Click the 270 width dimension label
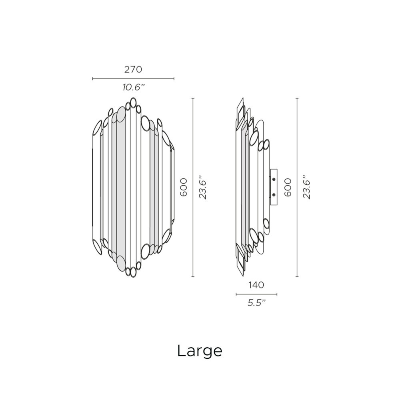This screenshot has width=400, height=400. (x=133, y=69)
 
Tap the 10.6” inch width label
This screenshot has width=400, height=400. (x=134, y=88)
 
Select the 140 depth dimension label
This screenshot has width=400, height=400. (x=256, y=285)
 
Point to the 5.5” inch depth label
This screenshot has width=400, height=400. (x=257, y=303)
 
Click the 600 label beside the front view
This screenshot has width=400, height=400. (x=184, y=187)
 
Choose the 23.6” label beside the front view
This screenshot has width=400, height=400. (x=202, y=187)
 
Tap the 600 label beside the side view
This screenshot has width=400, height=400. (x=288, y=187)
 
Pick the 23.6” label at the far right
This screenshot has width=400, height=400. (x=307, y=187)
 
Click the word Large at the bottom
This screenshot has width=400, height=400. (x=200, y=352)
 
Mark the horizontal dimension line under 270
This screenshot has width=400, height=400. (x=133, y=79)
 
